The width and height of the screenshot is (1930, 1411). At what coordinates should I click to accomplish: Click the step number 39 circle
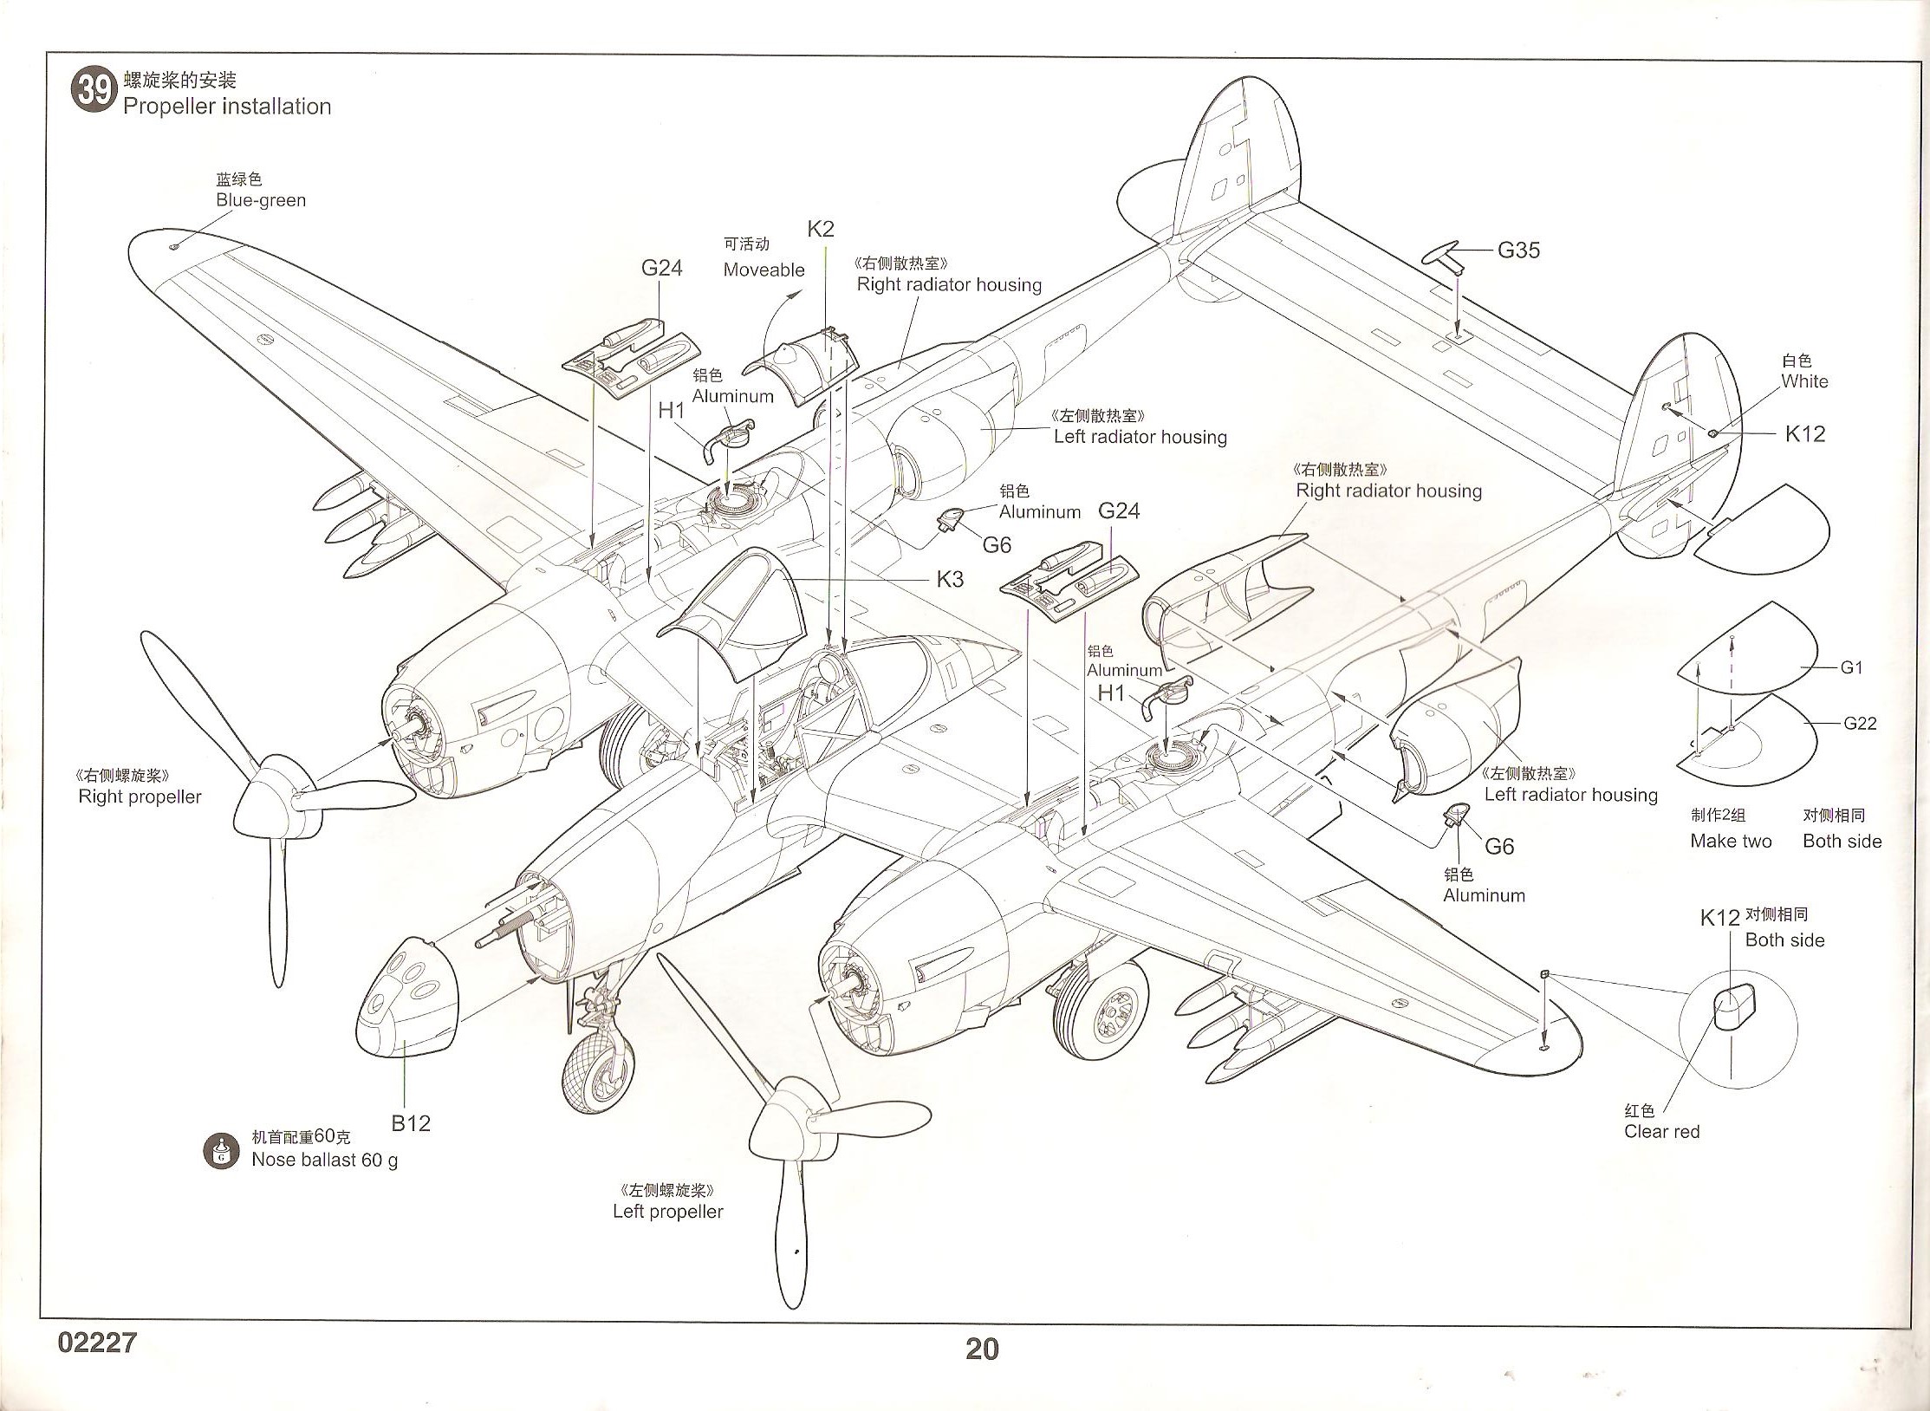pos(94,90)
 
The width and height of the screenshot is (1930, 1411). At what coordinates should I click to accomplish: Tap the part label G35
pos(1518,250)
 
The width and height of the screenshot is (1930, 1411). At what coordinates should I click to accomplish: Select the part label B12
pos(411,1123)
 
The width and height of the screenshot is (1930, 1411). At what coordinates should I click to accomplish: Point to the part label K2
pos(820,229)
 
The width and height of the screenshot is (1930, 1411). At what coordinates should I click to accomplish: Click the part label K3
pos(950,579)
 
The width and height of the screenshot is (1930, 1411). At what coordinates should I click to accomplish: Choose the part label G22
pos(1859,723)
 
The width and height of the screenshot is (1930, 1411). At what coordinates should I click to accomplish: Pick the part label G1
pos(1851,667)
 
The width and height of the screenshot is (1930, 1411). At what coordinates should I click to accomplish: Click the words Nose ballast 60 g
pos(324,1160)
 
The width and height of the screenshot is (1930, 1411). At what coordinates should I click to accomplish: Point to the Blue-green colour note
pos(260,200)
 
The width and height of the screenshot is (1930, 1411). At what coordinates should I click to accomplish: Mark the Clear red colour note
pos(1661,1131)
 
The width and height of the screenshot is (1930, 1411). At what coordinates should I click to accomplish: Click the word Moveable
pos(764,270)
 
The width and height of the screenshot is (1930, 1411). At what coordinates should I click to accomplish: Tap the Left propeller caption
pos(667,1212)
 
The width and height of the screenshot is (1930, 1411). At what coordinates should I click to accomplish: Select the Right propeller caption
pos(140,797)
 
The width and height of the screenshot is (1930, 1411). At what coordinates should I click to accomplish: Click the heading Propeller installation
pos(227,107)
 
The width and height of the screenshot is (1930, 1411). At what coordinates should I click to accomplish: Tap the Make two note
pos(1731,841)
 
